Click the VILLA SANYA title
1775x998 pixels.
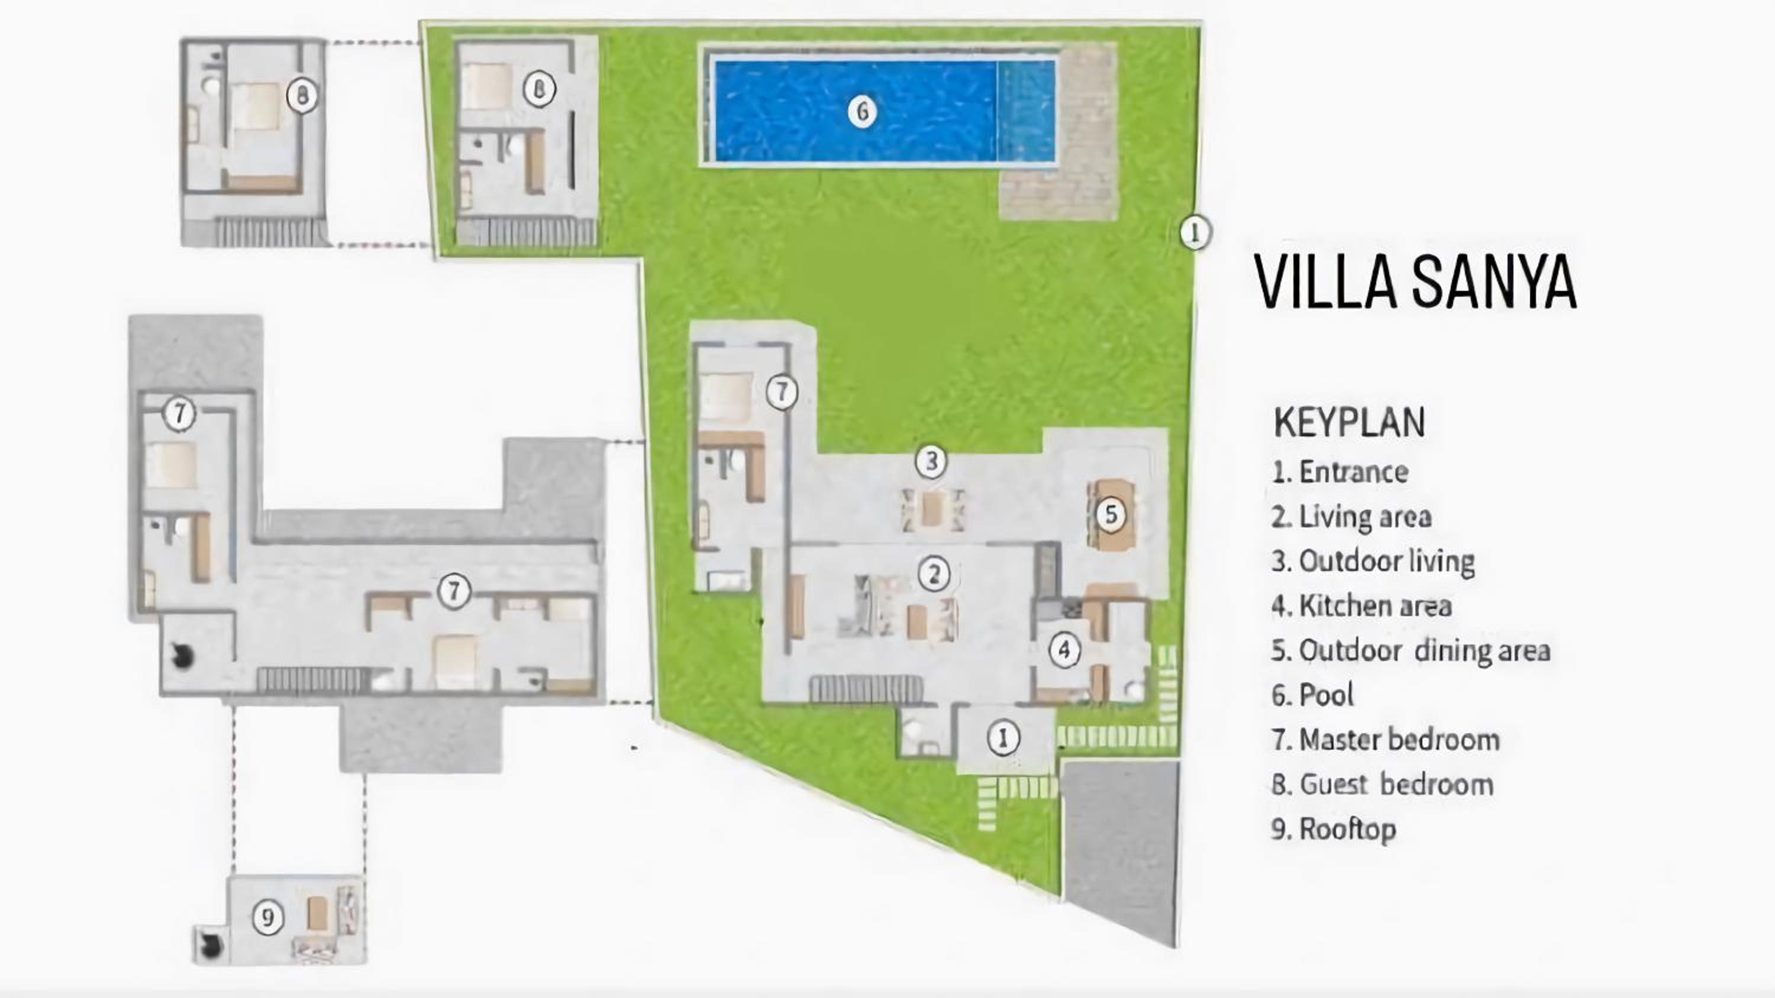tap(1415, 280)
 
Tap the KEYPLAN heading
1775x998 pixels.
tap(1349, 422)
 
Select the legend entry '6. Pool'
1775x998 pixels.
tap(1313, 694)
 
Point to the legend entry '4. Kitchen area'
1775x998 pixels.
tap(1361, 605)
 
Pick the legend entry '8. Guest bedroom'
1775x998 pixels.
tap(1382, 784)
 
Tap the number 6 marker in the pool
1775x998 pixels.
tap(862, 112)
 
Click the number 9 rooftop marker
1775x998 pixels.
tap(267, 918)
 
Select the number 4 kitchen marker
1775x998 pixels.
tap(1064, 650)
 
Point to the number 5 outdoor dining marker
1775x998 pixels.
tap(1111, 514)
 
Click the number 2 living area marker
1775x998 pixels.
tap(934, 573)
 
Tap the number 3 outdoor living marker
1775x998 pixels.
tap(931, 461)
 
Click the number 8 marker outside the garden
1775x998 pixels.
tap(302, 95)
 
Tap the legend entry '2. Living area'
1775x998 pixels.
tap(1352, 517)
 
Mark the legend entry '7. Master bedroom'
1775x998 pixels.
tap(1386, 739)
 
